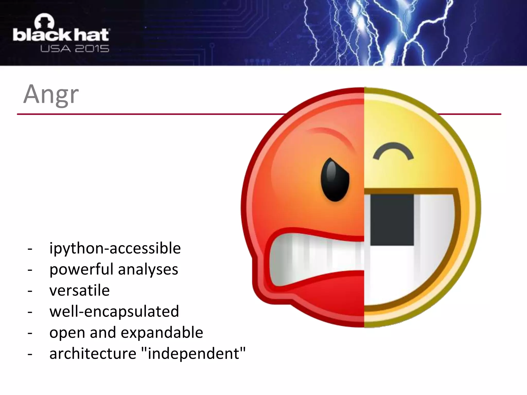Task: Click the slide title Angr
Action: click(51, 94)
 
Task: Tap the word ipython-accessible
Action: click(115, 248)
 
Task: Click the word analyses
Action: click(148, 270)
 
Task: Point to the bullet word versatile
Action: click(80, 291)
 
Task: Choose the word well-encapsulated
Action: click(114, 311)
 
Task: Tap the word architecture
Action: click(93, 354)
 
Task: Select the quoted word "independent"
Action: click(194, 354)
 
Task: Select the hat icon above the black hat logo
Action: click(44, 21)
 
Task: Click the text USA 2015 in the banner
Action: click(75, 49)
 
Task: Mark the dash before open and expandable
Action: click(30, 333)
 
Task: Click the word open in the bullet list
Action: click(67, 333)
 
